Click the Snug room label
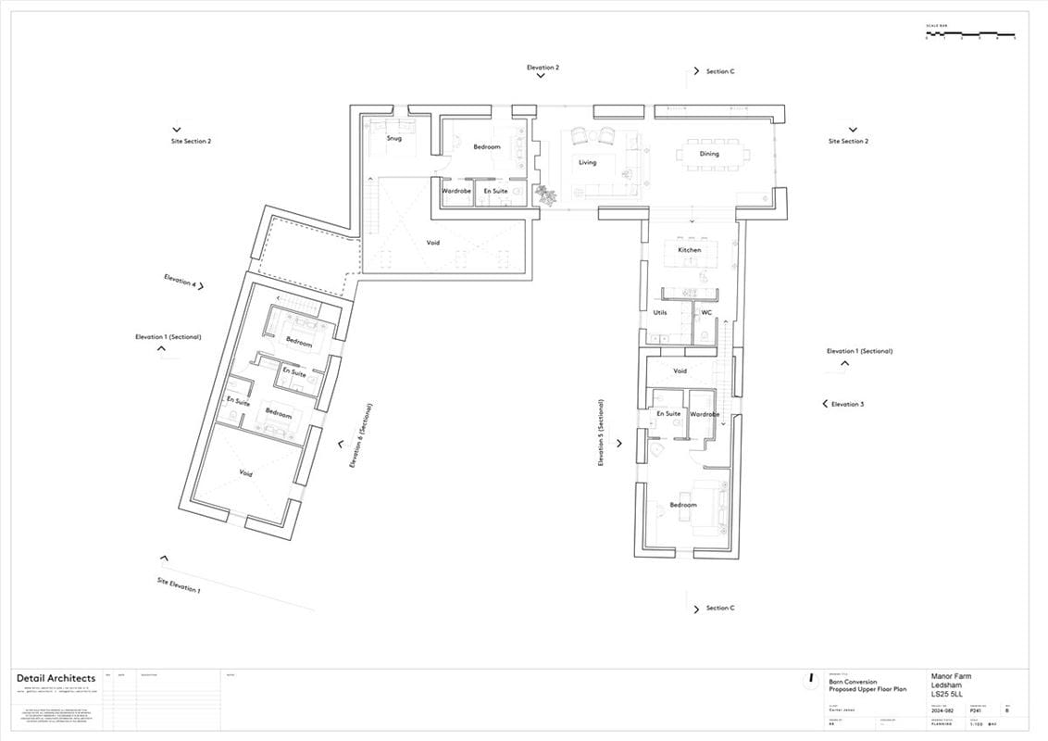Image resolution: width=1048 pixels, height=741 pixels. [x=394, y=139]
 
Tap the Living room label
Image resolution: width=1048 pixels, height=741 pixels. [x=588, y=162]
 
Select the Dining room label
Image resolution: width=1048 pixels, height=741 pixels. [x=709, y=154]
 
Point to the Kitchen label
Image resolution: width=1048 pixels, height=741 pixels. [x=690, y=250]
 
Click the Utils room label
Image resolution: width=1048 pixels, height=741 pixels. [x=660, y=312]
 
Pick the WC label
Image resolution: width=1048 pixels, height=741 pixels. [x=706, y=312]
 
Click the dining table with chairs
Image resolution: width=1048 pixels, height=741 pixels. [x=710, y=154]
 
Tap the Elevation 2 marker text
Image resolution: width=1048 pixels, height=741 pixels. [x=543, y=68]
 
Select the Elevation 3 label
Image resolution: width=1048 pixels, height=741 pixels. [x=847, y=404]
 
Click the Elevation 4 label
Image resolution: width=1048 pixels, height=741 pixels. [x=180, y=281]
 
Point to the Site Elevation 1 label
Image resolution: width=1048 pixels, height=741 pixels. [x=178, y=585]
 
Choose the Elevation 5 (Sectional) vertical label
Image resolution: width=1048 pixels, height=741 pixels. [x=601, y=433]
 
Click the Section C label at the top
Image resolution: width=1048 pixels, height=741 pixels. [x=719, y=71]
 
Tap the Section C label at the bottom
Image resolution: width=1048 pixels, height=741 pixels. [x=719, y=608]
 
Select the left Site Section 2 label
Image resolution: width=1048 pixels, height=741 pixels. [x=191, y=142]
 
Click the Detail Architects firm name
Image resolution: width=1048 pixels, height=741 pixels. [x=56, y=679]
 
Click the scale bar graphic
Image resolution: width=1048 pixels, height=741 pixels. [x=970, y=34]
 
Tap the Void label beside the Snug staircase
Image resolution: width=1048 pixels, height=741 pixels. [x=432, y=243]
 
